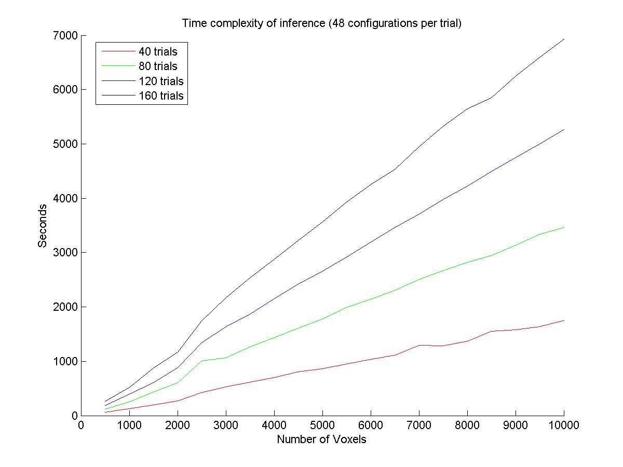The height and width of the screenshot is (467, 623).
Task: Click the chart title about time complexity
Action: click(321, 23)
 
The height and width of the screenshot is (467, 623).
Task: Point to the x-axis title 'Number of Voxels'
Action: click(321, 439)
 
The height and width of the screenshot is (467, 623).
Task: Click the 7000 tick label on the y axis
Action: click(65, 36)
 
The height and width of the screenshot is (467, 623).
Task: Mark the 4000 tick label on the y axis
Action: click(65, 199)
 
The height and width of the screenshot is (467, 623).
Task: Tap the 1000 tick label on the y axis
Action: click(65, 362)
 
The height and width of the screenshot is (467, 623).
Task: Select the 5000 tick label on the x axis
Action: click(322, 425)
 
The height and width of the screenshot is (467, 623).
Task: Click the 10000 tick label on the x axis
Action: click(563, 425)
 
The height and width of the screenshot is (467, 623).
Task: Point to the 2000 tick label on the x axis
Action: click(178, 425)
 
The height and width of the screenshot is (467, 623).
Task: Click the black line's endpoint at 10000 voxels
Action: click(564, 39)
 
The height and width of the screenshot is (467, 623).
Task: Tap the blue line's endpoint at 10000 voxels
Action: click(564, 129)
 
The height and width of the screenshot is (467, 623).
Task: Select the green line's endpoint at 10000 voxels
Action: click(564, 227)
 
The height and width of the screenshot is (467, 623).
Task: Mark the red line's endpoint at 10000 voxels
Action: click(564, 320)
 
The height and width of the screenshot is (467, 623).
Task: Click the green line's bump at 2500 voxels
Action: click(201, 361)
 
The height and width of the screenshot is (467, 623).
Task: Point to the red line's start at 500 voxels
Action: click(105, 412)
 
